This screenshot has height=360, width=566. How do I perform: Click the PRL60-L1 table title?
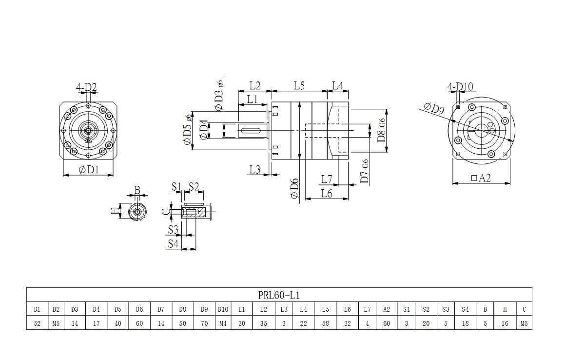pyautogui.click(x=279, y=295)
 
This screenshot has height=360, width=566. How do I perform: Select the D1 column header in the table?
pyautogui.click(x=37, y=309)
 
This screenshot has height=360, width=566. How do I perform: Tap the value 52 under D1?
pyautogui.click(x=37, y=323)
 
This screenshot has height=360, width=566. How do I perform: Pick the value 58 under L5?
pyautogui.click(x=325, y=323)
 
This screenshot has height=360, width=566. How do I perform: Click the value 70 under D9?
pyautogui.click(x=204, y=323)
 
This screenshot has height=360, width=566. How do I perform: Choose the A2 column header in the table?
pyautogui.click(x=387, y=309)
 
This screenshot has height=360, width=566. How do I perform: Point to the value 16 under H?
pyautogui.click(x=505, y=323)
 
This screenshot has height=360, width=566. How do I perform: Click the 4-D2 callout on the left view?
pyautogui.click(x=86, y=88)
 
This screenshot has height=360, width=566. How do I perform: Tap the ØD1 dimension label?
pyautogui.click(x=88, y=170)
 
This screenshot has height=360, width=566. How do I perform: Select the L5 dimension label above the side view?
pyautogui.click(x=299, y=86)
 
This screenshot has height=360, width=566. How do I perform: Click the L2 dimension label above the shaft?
pyautogui.click(x=254, y=86)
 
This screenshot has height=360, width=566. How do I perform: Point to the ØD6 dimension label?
pyautogui.click(x=294, y=188)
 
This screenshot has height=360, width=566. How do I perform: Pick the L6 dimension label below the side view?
pyautogui.click(x=327, y=194)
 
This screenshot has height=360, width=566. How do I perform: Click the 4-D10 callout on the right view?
pyautogui.click(x=460, y=87)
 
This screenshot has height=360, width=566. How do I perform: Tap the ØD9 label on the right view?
pyautogui.click(x=433, y=108)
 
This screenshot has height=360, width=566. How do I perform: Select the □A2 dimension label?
pyautogui.click(x=481, y=179)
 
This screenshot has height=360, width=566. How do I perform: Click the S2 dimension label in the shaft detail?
pyautogui.click(x=194, y=186)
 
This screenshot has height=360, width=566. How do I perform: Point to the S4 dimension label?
pyautogui.click(x=173, y=243)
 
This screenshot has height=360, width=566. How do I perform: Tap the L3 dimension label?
pyautogui.click(x=254, y=169)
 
